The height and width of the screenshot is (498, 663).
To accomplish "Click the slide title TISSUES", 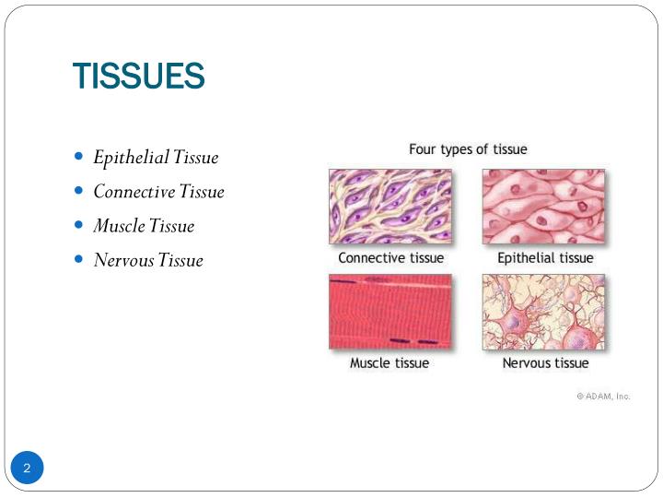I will pyautogui.click(x=138, y=76).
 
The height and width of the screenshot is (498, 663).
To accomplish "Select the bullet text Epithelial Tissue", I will pyautogui.click(x=156, y=158).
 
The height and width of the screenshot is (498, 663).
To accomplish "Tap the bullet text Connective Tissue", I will pyautogui.click(x=158, y=192).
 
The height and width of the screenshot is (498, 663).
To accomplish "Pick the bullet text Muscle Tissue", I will pyautogui.click(x=144, y=226).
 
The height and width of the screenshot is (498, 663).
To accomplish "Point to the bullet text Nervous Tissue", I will pyautogui.click(x=147, y=260).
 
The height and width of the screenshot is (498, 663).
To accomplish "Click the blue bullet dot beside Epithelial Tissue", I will pyautogui.click(x=78, y=157).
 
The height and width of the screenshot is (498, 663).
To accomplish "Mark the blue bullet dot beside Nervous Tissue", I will pyautogui.click(x=78, y=259).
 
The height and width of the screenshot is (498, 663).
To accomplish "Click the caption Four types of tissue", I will pyautogui.click(x=468, y=149).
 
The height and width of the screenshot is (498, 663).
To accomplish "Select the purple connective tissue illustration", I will pyautogui.click(x=390, y=207).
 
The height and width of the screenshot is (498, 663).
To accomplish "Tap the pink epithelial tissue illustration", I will pyautogui.click(x=543, y=207).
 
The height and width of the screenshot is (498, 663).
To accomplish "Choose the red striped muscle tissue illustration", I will pyautogui.click(x=390, y=312).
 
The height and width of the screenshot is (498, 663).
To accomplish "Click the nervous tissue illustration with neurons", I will pyautogui.click(x=543, y=312).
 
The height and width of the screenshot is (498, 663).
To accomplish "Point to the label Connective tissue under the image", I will pyautogui.click(x=390, y=258).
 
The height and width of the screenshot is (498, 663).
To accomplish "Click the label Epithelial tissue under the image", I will pyautogui.click(x=545, y=258).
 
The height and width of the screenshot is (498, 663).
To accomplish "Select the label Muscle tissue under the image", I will pyautogui.click(x=390, y=363).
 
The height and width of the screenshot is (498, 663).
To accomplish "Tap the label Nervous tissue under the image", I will pyautogui.click(x=545, y=363).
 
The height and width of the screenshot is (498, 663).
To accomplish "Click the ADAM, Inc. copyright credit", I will pyautogui.click(x=603, y=396).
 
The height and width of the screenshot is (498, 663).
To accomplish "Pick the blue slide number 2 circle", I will pyautogui.click(x=28, y=468).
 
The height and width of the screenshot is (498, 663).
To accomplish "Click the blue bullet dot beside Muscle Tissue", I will pyautogui.click(x=78, y=225).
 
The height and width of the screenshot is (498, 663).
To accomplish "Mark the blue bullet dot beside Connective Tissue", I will pyautogui.click(x=78, y=191).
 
